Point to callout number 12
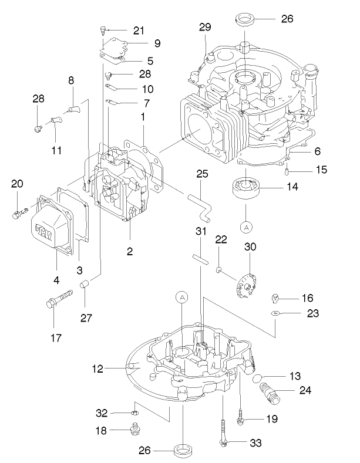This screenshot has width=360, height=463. (97, 369)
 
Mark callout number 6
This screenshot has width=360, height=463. (317, 151)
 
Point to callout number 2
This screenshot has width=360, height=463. (130, 252)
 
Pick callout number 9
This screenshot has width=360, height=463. (157, 43)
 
